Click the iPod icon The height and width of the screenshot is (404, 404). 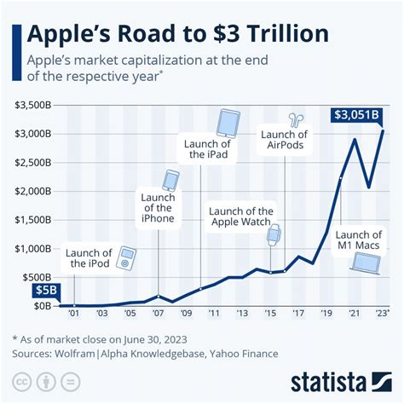126,257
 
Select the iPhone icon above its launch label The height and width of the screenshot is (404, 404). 171,181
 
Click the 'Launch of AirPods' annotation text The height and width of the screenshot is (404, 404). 285,139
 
